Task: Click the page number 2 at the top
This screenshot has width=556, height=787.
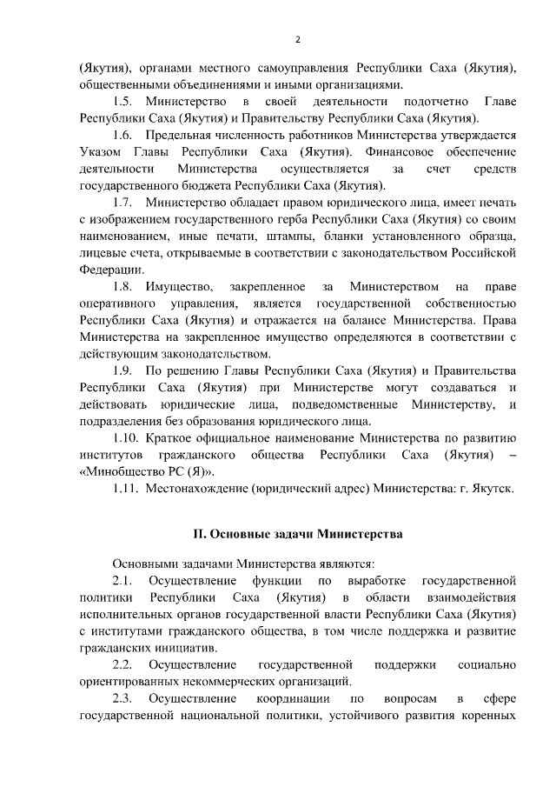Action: coord(297,40)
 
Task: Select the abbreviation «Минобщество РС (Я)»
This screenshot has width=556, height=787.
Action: coord(146,472)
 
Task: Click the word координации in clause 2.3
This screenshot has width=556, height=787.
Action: coord(293,699)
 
